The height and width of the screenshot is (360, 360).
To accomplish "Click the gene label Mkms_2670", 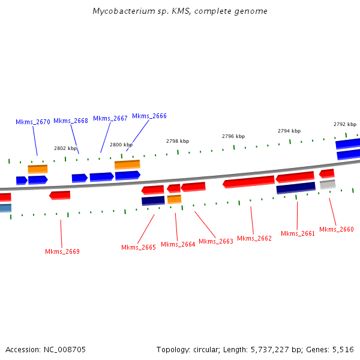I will pos(33,122).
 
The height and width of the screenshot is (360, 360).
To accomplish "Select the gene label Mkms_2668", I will pos(71,121).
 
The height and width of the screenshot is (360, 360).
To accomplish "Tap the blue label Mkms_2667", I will pos(110,118).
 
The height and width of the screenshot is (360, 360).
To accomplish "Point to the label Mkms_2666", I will pos(149,116).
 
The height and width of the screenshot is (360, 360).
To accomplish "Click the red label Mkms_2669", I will pos(62,251).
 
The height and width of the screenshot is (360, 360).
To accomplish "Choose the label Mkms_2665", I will pos(139,247).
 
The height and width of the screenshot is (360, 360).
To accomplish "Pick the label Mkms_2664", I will pos(178,244).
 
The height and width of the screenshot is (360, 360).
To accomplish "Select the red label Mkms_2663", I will pos(216,241).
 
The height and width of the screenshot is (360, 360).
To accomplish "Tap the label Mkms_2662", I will pos(254,238).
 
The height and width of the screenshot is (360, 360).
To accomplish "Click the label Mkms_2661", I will pos(298,233).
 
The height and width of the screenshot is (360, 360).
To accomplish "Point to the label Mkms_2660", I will pos(337,229).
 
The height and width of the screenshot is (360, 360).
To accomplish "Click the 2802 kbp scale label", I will pos(65,148).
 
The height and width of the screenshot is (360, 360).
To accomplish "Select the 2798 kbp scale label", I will pos(178,141).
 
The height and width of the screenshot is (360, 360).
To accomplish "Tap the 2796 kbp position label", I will pos(233,136).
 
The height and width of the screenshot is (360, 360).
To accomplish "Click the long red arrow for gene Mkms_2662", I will pos(248,181).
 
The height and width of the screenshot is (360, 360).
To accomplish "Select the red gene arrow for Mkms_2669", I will pos(59,195).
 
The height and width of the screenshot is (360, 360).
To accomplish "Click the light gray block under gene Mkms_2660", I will pos(328,185).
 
